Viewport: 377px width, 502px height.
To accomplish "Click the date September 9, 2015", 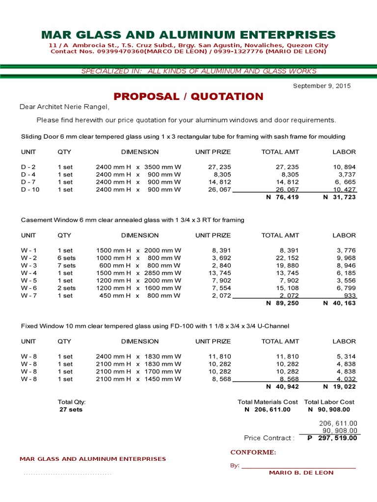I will [x=322, y=86].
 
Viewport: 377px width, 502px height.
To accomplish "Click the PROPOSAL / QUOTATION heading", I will [x=188, y=97].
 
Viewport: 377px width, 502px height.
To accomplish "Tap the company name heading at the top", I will [x=188, y=35].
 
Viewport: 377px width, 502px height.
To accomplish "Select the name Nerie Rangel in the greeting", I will [x=87, y=107].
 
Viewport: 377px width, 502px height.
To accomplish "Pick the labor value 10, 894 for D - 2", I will [x=344, y=167].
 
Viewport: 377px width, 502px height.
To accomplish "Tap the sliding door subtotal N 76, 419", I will [x=282, y=197].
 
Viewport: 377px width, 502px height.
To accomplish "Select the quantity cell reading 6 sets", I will [x=67, y=258].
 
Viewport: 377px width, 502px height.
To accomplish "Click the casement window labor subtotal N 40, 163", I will [x=339, y=303].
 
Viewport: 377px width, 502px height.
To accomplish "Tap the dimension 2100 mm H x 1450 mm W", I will [x=138, y=379].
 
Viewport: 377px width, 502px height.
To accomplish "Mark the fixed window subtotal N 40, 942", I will [x=282, y=387].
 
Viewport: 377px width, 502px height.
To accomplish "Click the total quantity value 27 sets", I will [x=71, y=409].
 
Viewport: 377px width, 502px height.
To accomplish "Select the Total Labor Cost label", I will [x=329, y=402].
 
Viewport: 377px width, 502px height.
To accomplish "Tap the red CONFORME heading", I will [x=253, y=452].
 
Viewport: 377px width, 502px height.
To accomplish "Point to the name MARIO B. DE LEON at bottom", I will [x=301, y=473].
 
